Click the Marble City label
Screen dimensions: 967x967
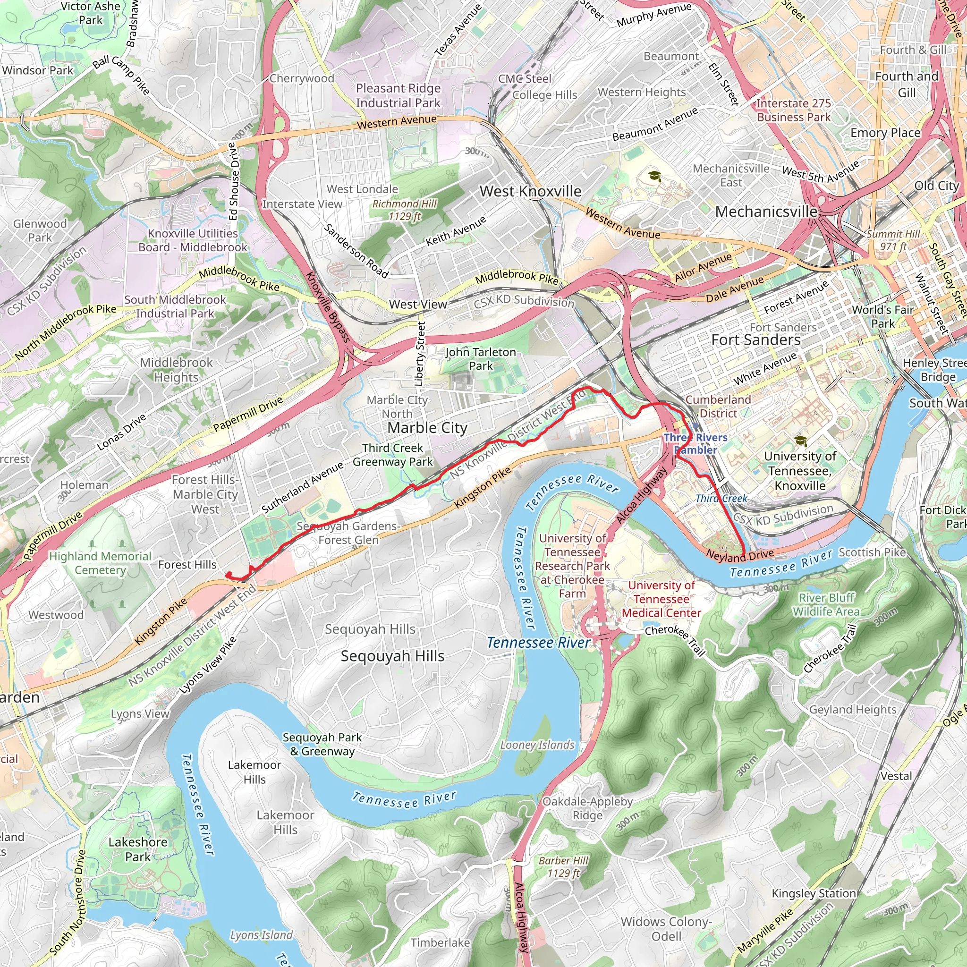(427, 428)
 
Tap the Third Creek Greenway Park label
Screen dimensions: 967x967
(392, 455)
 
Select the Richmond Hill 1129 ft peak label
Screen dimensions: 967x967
(405, 210)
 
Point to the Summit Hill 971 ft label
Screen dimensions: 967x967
(893, 240)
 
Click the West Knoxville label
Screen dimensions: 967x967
(530, 191)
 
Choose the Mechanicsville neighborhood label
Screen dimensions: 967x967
(766, 212)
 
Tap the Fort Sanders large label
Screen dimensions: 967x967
(756, 340)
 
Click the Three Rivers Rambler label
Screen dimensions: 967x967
(695, 443)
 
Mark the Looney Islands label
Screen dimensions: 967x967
(537, 745)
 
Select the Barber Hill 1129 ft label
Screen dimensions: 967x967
(563, 866)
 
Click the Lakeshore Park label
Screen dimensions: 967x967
(138, 849)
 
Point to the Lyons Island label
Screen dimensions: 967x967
(261, 935)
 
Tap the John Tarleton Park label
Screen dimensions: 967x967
(481, 359)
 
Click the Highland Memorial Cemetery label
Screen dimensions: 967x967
(100, 563)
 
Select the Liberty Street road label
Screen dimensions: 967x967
(420, 353)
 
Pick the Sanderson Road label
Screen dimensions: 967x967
(356, 251)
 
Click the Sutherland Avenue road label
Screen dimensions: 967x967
(302, 487)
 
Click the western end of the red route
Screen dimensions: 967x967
(229, 574)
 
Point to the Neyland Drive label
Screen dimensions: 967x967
(740, 555)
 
